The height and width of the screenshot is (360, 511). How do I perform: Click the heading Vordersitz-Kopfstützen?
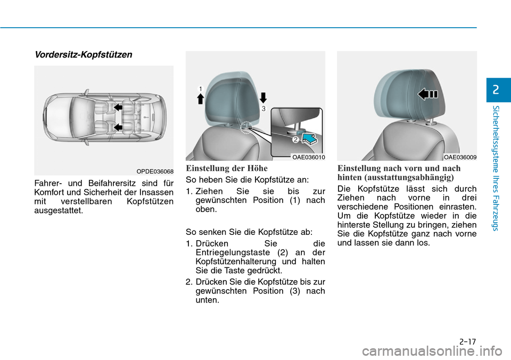pos(83,55)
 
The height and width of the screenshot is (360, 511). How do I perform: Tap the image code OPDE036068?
pos(154,171)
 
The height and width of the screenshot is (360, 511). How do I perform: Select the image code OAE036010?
pos(308,157)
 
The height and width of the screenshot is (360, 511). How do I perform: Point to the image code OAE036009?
pos(460,157)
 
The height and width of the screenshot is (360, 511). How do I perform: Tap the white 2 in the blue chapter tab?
pos(496,90)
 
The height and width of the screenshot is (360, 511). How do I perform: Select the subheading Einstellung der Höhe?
pos(227,168)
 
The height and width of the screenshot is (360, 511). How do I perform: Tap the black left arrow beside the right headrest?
pos(427,94)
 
